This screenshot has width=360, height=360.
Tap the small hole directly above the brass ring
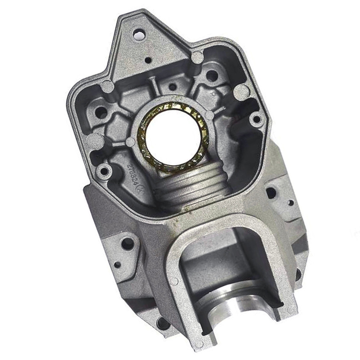[172, 87]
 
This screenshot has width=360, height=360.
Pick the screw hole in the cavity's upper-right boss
[212, 76]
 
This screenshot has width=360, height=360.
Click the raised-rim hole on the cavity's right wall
[256, 119]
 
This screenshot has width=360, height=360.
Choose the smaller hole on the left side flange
[117, 265]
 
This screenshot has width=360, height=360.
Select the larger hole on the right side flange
[271, 193]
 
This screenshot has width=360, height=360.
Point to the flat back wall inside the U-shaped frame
[216, 259]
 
